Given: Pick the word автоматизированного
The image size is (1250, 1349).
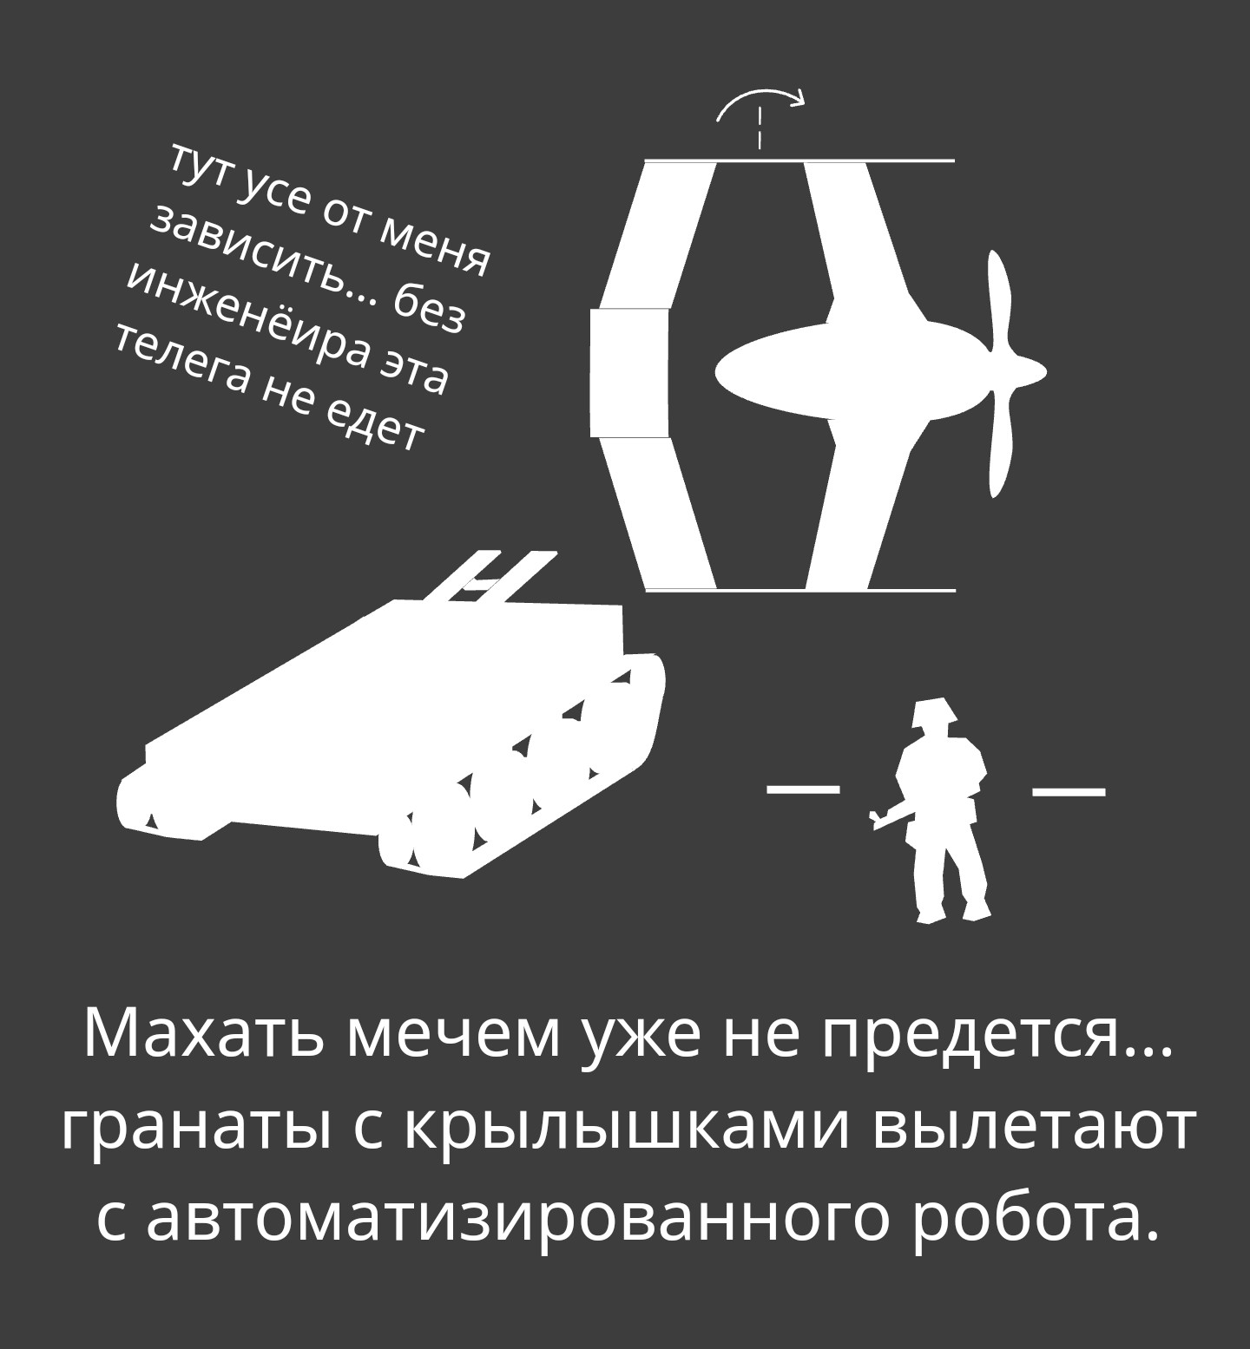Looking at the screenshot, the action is coord(516,1223).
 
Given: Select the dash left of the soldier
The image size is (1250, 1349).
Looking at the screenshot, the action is coord(804,789).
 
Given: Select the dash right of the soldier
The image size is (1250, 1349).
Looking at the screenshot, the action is coord(1069,790).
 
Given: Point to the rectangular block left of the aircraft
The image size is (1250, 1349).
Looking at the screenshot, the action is coord(629,372).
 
